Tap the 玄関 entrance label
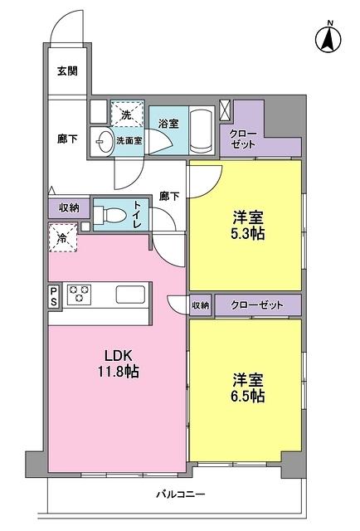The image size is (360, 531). tap(67, 71)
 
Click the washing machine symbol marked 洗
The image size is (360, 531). tap(126, 113)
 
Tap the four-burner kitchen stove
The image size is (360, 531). tap(80, 295)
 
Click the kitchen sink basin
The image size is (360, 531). tap(132, 295)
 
